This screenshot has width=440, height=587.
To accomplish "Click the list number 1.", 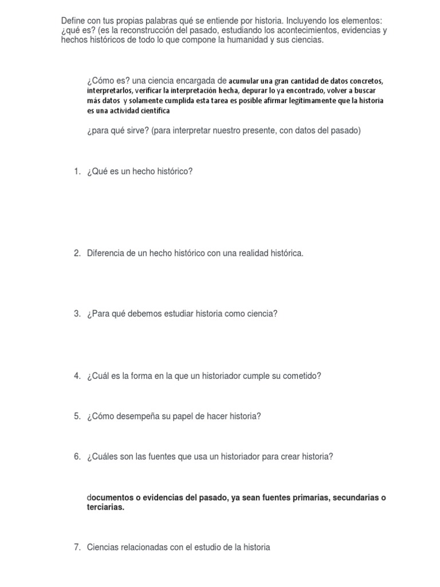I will (77, 171).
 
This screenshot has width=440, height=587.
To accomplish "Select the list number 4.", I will (77, 376).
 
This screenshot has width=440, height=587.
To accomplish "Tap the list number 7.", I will (77, 547).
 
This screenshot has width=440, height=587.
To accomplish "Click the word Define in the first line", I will (73, 21).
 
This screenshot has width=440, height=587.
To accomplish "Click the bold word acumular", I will (245, 81).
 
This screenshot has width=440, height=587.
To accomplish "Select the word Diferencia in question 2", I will (106, 253).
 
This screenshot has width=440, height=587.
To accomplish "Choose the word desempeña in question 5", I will (142, 417).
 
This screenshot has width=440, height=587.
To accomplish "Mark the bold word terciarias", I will (105, 507).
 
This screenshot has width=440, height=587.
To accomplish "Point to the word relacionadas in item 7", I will (144, 547).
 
